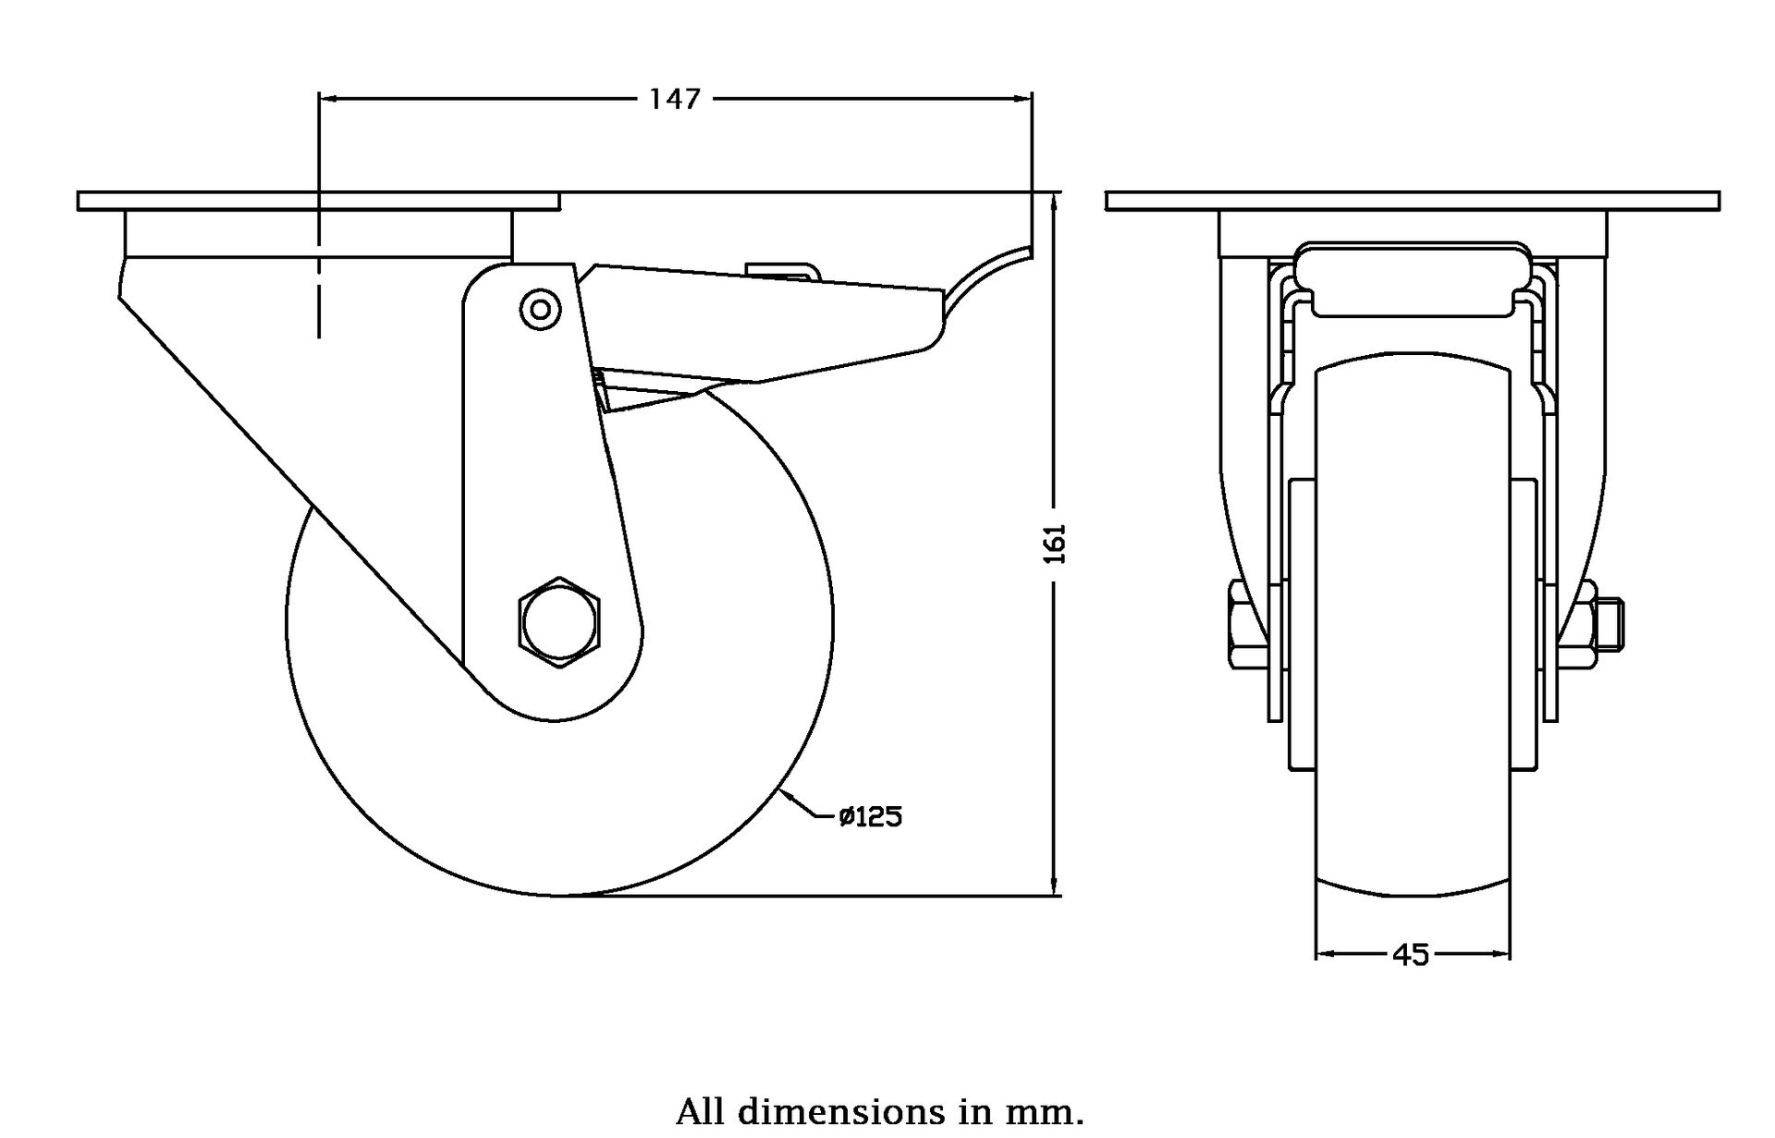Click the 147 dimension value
pos(675,99)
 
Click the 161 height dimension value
pos(1055,544)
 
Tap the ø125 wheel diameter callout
pos(870,817)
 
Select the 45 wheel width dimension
pos(1411,954)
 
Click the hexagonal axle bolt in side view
pos(559,622)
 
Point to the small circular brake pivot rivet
pos(540,310)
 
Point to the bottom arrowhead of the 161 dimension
pos(1055,887)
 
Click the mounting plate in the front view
pos(1412,201)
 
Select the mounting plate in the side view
pos(318,202)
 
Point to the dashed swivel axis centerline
pos(319,277)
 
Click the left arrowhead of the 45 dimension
pos(1323,953)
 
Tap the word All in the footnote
pos(701,1110)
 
